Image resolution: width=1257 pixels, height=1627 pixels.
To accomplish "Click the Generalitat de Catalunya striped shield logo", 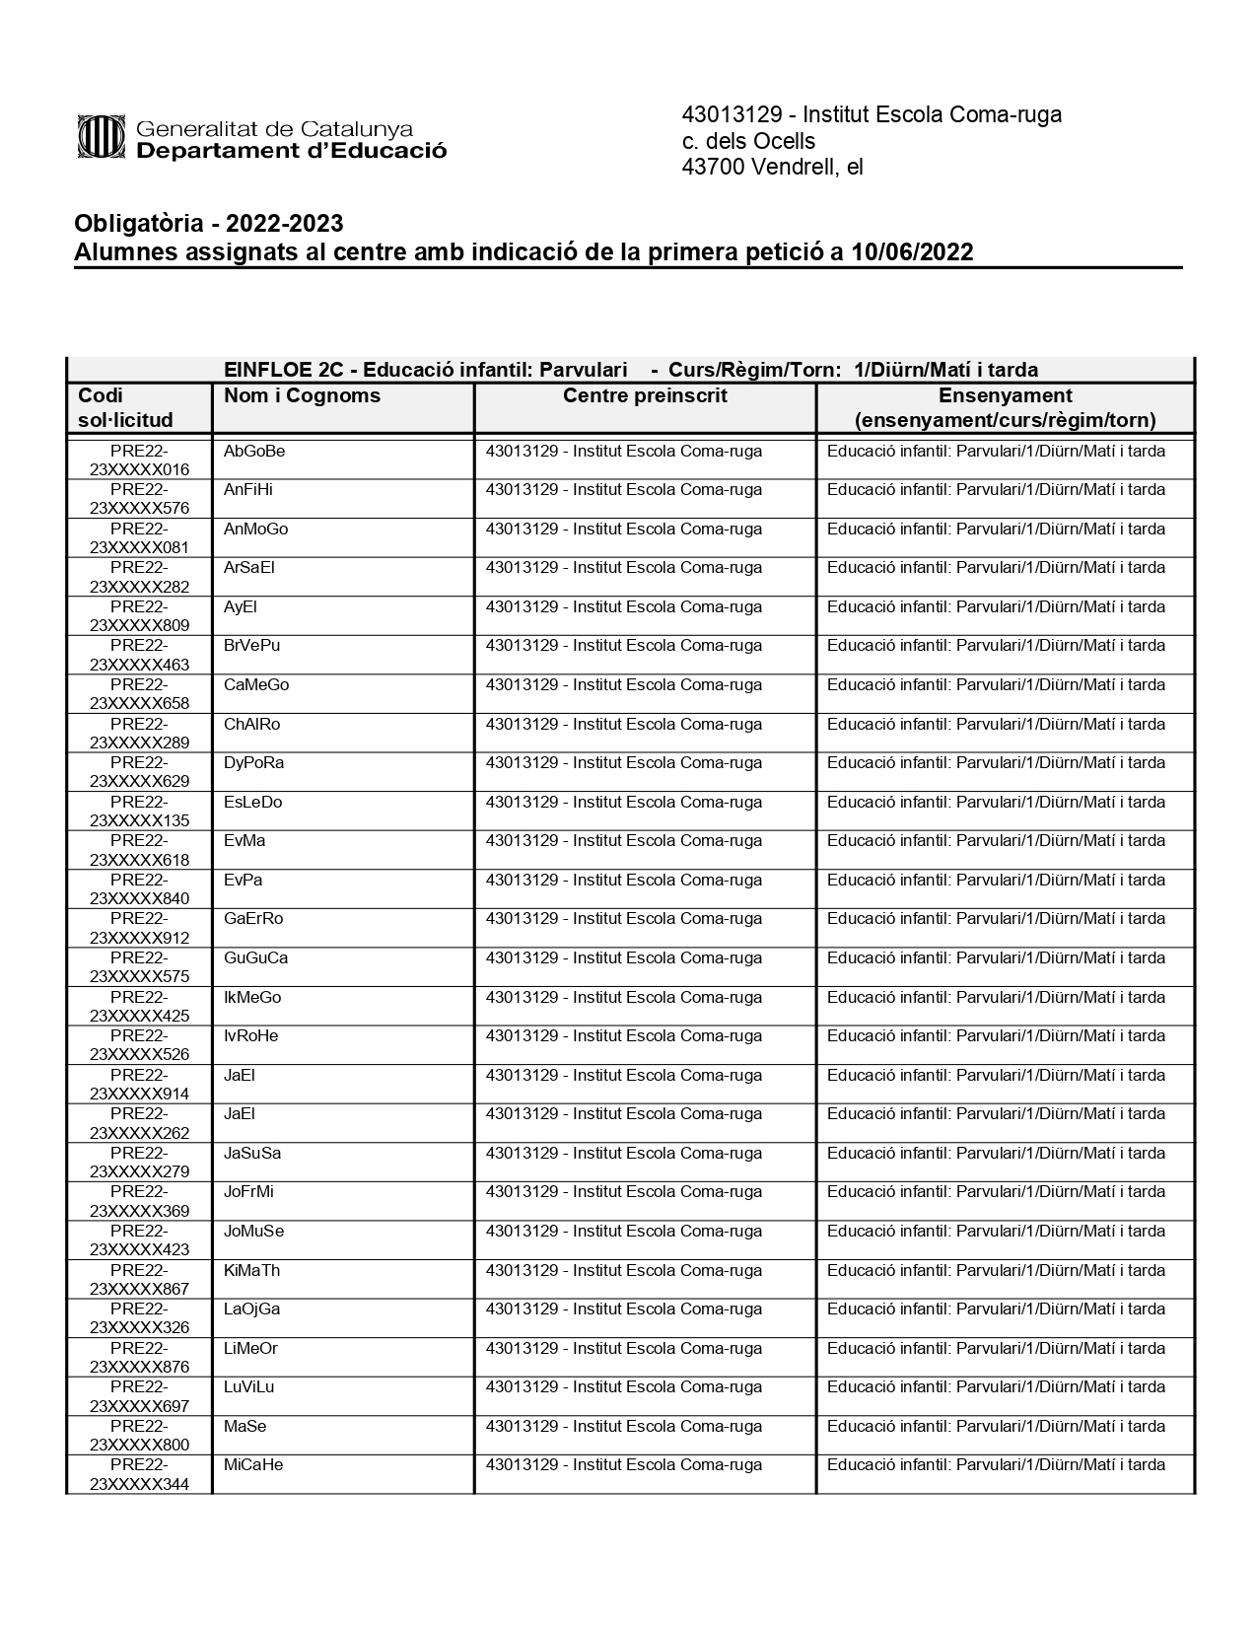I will click(x=102, y=136).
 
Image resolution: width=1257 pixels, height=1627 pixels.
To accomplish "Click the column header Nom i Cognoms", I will click(x=302, y=396).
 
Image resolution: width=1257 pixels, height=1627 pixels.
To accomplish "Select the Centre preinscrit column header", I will click(x=645, y=396).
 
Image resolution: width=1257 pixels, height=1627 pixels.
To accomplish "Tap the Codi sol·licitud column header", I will click(x=125, y=407).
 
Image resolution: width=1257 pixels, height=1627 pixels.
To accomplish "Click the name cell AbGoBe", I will click(x=254, y=452).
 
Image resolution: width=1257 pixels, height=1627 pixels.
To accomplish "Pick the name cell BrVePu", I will click(x=252, y=646).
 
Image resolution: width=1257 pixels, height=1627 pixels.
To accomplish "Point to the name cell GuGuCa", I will click(x=256, y=958).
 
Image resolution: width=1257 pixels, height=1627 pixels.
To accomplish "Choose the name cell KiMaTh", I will click(x=252, y=1271).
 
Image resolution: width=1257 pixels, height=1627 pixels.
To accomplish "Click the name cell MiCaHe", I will click(x=253, y=1465).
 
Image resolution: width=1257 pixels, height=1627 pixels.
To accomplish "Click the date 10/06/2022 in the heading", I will click(x=912, y=252).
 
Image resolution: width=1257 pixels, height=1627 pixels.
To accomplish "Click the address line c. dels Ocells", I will click(x=748, y=141).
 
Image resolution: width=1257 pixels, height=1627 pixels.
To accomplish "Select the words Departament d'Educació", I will click(x=291, y=151).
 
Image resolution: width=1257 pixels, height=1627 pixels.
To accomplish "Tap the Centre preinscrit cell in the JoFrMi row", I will click(x=623, y=1192).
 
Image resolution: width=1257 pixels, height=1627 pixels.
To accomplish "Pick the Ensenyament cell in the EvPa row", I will click(x=996, y=881).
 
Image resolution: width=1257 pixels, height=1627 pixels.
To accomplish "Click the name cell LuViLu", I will click(x=249, y=1387).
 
